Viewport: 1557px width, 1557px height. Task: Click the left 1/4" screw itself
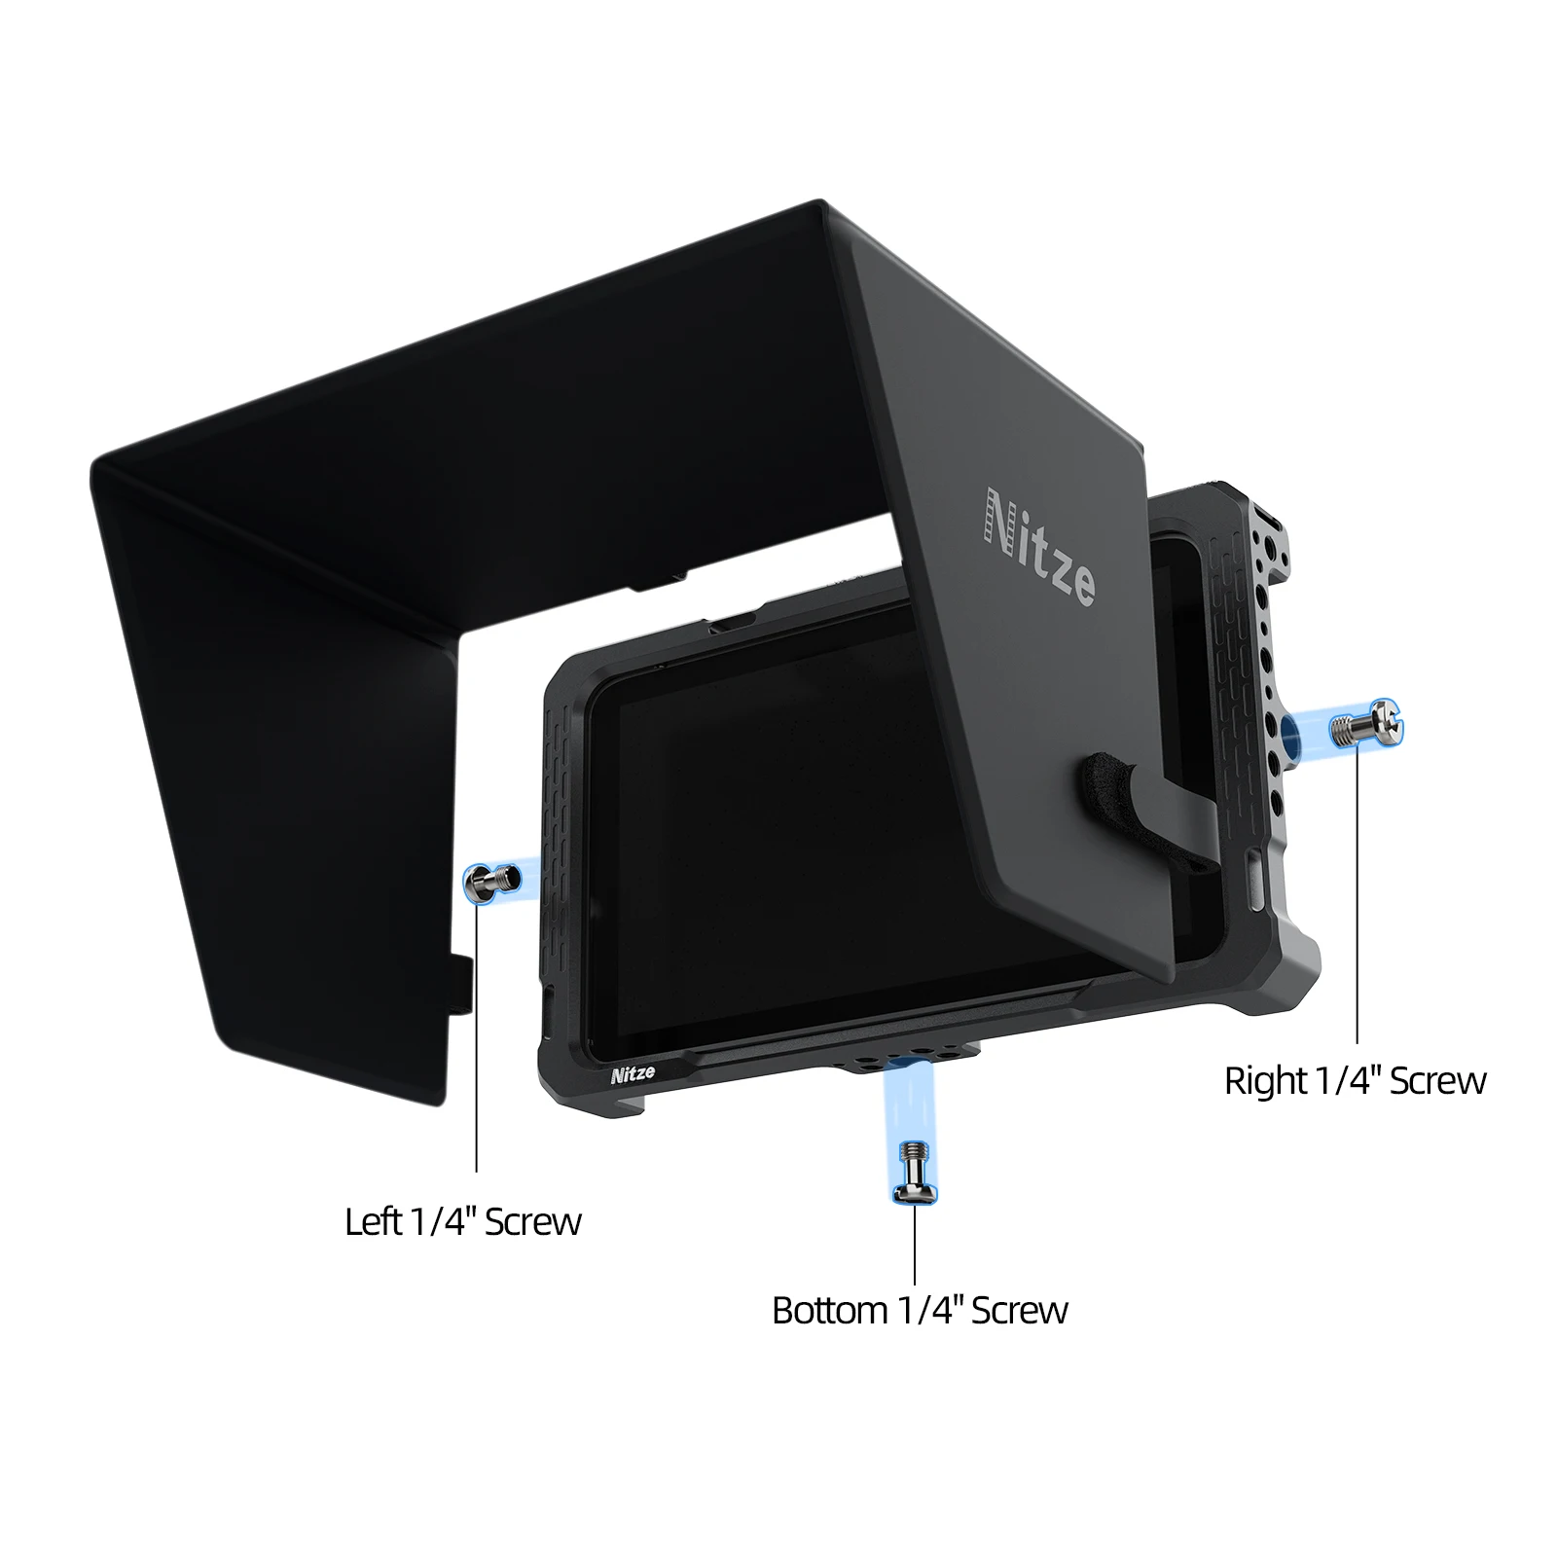pyautogui.click(x=483, y=882)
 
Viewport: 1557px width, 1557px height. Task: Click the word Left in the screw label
pyautogui.click(x=373, y=1221)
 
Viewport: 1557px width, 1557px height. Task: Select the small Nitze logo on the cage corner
pyautogui.click(x=633, y=1074)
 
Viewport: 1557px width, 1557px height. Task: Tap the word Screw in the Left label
pyautogui.click(x=532, y=1221)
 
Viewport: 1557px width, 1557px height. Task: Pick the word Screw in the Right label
pyautogui.click(x=1438, y=1081)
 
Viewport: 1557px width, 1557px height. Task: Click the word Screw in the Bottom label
pyautogui.click(x=1019, y=1311)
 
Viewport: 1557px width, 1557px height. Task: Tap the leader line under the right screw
pyautogui.click(x=1357, y=895)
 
